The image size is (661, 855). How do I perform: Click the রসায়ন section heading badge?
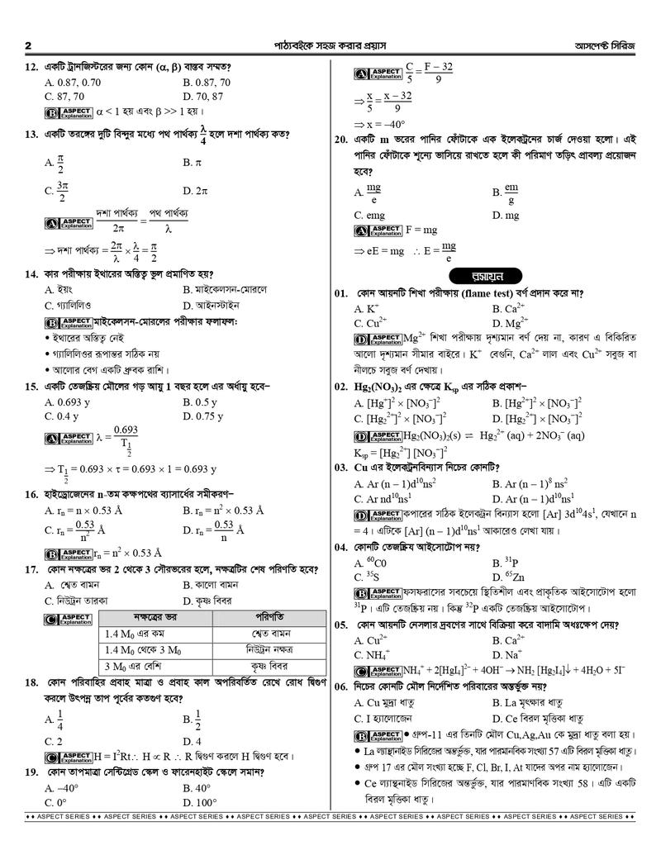[x=477, y=275]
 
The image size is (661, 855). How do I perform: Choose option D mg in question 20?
[x=506, y=216]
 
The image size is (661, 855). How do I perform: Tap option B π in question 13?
[x=193, y=163]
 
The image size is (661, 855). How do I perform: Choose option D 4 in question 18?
[x=192, y=741]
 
